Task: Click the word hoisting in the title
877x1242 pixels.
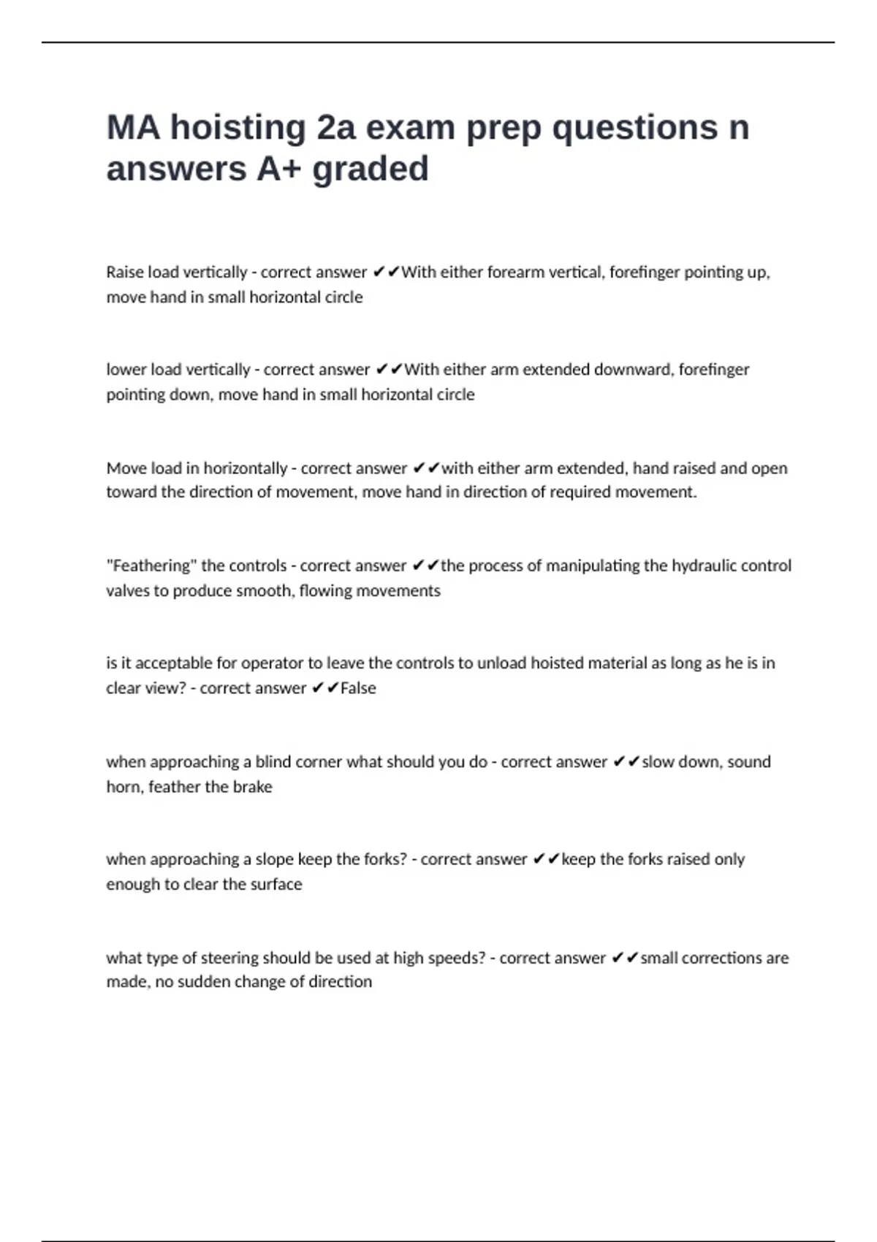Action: [x=238, y=129]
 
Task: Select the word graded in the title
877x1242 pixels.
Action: [x=370, y=169]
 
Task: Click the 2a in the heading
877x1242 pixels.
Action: [x=336, y=129]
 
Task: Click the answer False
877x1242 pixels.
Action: [x=358, y=688]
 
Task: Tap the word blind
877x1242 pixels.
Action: [x=273, y=762]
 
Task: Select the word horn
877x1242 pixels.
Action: [x=122, y=787]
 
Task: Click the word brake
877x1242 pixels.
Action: [x=253, y=787]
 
